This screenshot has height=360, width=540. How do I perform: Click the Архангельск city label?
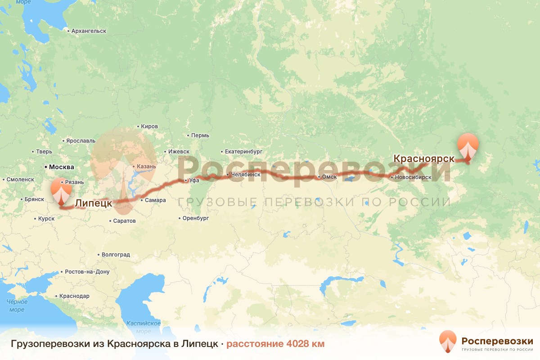point(89,31)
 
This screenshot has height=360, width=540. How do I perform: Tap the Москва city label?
point(61,167)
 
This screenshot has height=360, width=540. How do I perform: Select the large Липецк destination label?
point(93,203)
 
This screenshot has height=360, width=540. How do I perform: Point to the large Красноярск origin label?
point(424,158)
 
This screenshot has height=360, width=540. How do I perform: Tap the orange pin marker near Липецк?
point(61,192)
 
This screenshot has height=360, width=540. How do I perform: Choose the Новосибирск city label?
point(413,177)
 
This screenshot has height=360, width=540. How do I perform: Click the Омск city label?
point(329,177)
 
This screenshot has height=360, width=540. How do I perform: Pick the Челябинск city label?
point(246,174)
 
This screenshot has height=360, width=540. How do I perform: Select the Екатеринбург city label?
point(243,152)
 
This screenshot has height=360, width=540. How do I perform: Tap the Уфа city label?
point(194,180)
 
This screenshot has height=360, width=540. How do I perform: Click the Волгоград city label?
point(116,254)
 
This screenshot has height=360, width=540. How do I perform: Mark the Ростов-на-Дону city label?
point(87,272)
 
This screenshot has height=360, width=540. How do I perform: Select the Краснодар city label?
point(74,296)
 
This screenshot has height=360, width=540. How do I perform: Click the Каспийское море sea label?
point(144,327)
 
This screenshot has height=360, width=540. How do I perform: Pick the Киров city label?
point(149,127)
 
